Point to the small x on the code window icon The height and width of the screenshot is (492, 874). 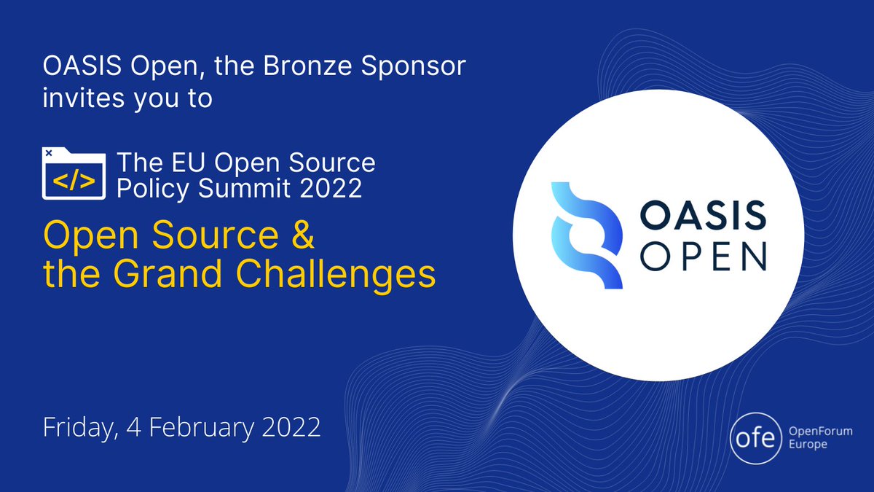[49, 153]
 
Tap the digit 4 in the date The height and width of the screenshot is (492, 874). [137, 426]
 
